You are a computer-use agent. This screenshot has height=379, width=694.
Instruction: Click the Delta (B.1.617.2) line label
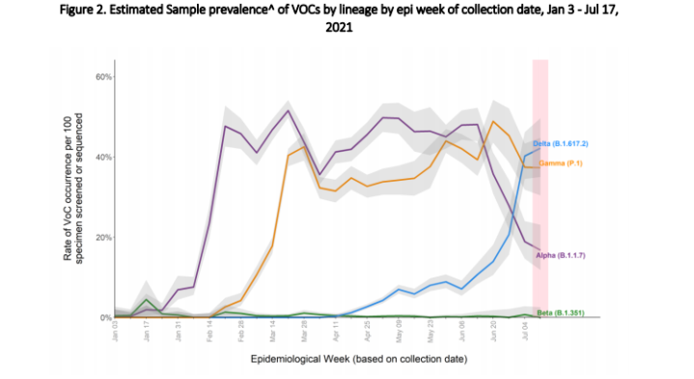568,143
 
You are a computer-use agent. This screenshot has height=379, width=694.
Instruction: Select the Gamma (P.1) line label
569,163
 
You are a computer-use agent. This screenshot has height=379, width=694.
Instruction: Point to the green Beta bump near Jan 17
146,300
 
